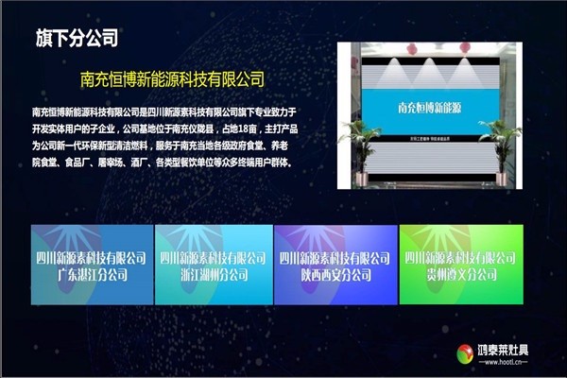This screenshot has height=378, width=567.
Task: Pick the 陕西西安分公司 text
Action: (x=333, y=275)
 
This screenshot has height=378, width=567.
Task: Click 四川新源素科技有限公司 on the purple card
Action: (x=333, y=258)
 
